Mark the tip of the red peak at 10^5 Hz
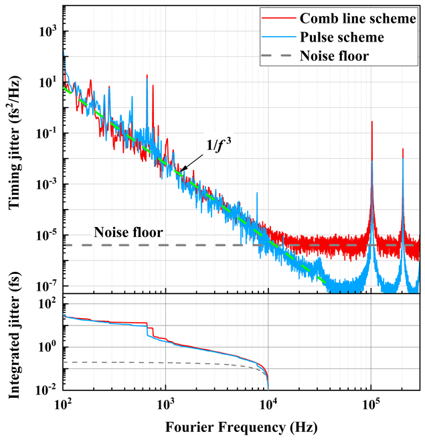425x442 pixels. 371,123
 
